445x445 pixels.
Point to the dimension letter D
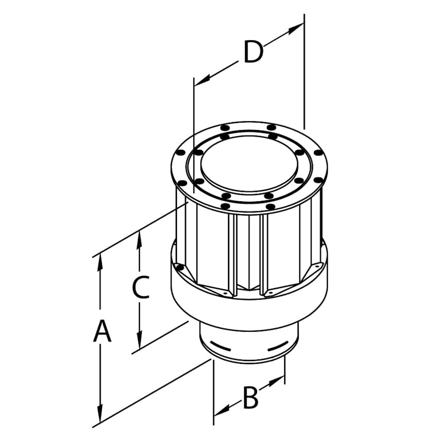click(x=253, y=52)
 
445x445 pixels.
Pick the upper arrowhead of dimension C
click(x=140, y=240)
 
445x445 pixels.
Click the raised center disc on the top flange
click(x=250, y=163)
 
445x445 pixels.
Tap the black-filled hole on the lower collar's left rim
click(x=180, y=267)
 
